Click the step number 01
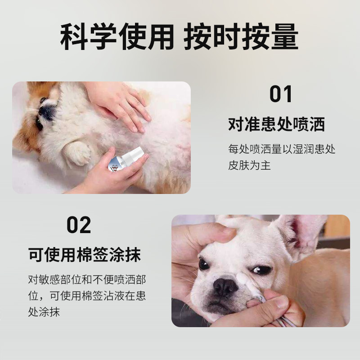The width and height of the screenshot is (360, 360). coord(280,94)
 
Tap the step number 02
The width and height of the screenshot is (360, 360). coord(78,225)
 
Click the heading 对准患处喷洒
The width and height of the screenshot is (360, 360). coord(276,124)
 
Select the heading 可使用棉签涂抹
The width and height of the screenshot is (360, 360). coord(85,255)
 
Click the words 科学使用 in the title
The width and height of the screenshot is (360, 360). coord(117,36)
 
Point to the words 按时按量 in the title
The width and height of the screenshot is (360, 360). coord(241,36)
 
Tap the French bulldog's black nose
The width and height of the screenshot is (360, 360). coord(225,287)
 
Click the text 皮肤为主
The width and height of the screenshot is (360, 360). coord(249,165)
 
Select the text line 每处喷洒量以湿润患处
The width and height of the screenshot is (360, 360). coord(282,149)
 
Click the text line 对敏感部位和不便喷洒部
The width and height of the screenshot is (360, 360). coord(87,279)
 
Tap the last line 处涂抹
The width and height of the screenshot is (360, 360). coord(44,312)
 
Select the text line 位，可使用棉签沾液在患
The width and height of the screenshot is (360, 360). coord(87,296)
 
